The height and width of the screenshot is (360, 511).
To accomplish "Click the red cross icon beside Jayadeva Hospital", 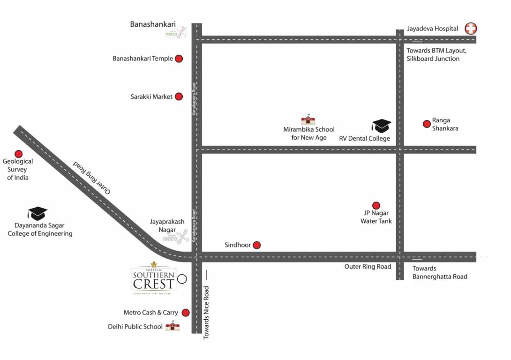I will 471,29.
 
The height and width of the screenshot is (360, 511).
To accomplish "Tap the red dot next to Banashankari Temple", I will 179,59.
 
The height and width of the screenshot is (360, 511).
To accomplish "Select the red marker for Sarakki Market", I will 179,97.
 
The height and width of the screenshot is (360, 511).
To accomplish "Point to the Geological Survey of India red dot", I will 19,153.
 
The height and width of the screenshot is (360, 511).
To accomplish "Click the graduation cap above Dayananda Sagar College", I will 38,213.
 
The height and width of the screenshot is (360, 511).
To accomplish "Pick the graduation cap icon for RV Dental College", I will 381,126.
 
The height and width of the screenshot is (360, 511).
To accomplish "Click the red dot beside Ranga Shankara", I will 427,124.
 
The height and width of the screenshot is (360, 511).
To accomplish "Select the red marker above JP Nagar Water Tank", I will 376,205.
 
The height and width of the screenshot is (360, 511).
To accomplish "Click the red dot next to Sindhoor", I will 256,245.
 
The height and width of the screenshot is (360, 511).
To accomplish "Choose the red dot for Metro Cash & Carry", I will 186,313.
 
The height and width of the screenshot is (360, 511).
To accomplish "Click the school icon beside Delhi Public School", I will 173,326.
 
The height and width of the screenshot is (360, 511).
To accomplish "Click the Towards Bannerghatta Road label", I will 440,272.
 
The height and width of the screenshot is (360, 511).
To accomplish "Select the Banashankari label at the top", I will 153,24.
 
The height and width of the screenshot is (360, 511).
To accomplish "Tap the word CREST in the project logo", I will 154,284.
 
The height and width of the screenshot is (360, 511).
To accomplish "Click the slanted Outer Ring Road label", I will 92,178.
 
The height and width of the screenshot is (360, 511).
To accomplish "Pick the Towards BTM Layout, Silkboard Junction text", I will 436,54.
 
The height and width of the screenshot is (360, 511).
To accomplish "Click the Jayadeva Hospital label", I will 432,29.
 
